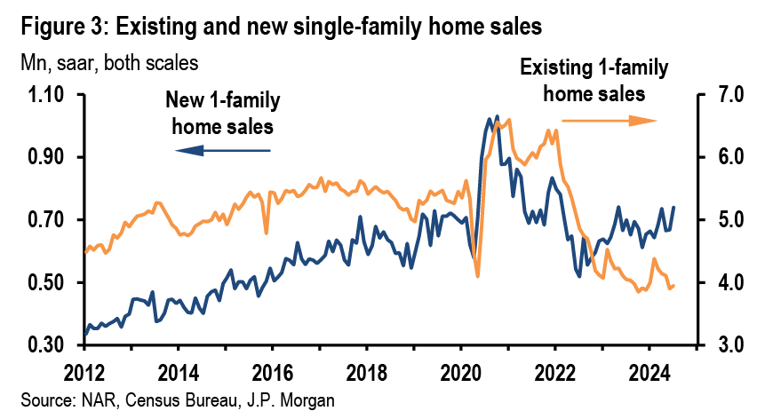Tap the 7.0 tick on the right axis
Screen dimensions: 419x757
click(x=722, y=95)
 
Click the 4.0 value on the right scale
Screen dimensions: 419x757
click(x=722, y=283)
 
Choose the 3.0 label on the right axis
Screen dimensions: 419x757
click(x=722, y=345)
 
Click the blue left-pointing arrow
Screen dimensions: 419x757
click(x=223, y=152)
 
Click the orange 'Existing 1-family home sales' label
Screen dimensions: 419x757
click(x=594, y=79)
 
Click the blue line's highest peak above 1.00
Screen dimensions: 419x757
click(x=496, y=116)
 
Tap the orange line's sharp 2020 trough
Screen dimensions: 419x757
click(x=477, y=275)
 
